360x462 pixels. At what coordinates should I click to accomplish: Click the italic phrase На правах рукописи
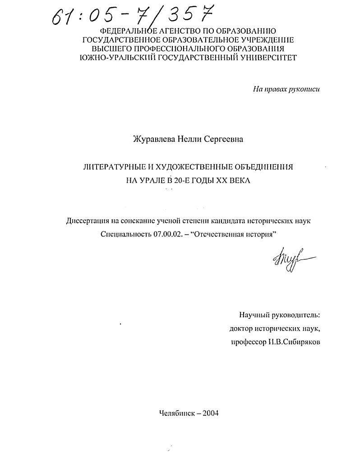pos(286,89)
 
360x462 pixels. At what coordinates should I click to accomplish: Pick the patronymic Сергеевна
pos(223,139)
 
